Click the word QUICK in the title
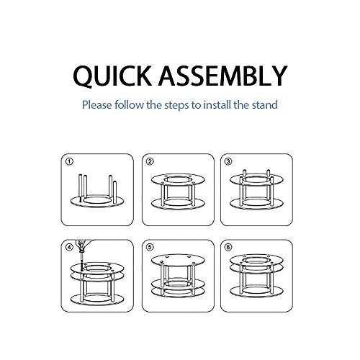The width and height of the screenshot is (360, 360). click(112, 76)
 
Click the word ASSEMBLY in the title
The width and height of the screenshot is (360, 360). click(222, 76)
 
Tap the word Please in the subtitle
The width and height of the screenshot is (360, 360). click(97, 105)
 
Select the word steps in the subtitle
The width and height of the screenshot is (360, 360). click(176, 105)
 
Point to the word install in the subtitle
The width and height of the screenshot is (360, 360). click(217, 104)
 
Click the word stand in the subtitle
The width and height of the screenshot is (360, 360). click(264, 104)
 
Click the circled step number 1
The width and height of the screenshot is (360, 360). click(69, 161)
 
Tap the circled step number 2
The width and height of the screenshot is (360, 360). click(150, 161)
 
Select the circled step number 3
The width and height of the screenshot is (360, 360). click(228, 161)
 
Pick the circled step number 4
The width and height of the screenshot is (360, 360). click(69, 247)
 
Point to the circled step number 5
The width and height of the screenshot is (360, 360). click(150, 247)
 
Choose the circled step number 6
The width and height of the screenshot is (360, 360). click(228, 247)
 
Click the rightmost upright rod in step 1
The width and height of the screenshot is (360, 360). click(114, 192)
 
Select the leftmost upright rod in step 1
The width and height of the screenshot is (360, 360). click(80, 188)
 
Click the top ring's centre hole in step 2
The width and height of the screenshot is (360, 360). click(178, 180)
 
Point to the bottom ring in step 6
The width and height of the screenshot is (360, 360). click(256, 294)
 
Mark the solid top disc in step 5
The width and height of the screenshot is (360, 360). click(178, 260)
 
